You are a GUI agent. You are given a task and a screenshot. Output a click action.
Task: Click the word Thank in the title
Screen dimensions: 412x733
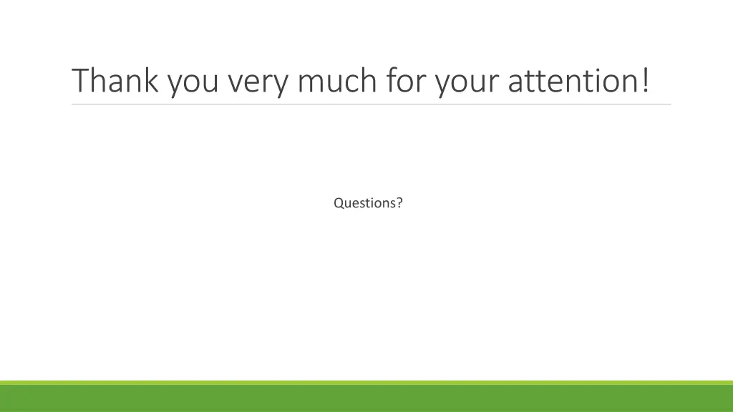tap(117, 81)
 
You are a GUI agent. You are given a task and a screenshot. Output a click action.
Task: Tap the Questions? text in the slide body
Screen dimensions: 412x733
tap(368, 203)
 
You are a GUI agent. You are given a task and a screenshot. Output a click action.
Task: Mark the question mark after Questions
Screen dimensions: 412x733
tap(399, 203)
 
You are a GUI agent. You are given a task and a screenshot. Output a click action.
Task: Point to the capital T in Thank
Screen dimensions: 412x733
tap(81, 81)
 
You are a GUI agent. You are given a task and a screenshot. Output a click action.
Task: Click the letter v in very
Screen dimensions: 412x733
tap(235, 83)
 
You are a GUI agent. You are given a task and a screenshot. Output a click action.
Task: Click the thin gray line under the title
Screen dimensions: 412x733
tap(371, 104)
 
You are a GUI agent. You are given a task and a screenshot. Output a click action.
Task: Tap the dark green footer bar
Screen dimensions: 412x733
tap(366, 399)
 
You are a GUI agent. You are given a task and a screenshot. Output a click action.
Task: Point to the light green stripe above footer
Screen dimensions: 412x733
tap(366, 383)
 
